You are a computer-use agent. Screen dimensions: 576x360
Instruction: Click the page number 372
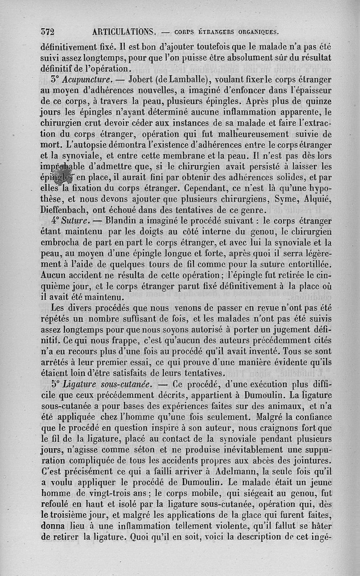[x=47, y=31]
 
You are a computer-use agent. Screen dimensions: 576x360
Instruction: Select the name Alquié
[x=315, y=199]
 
